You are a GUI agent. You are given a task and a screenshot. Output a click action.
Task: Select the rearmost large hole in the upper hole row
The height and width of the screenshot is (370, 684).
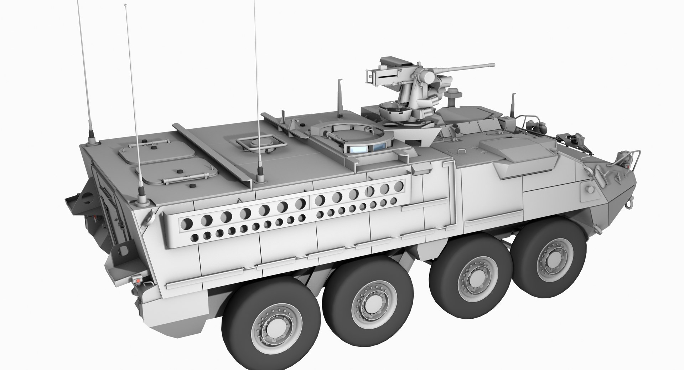click(187, 224)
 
